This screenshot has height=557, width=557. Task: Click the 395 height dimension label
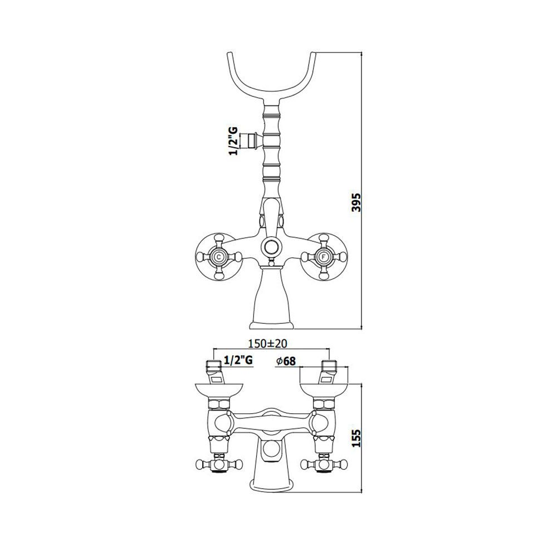point(356,203)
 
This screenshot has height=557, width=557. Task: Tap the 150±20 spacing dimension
point(267,344)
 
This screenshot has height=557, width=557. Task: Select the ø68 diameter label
point(285,361)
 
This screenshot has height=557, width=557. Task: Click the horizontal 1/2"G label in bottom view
point(238,360)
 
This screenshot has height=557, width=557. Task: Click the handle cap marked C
point(218,256)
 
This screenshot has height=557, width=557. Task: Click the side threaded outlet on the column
point(256,140)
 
